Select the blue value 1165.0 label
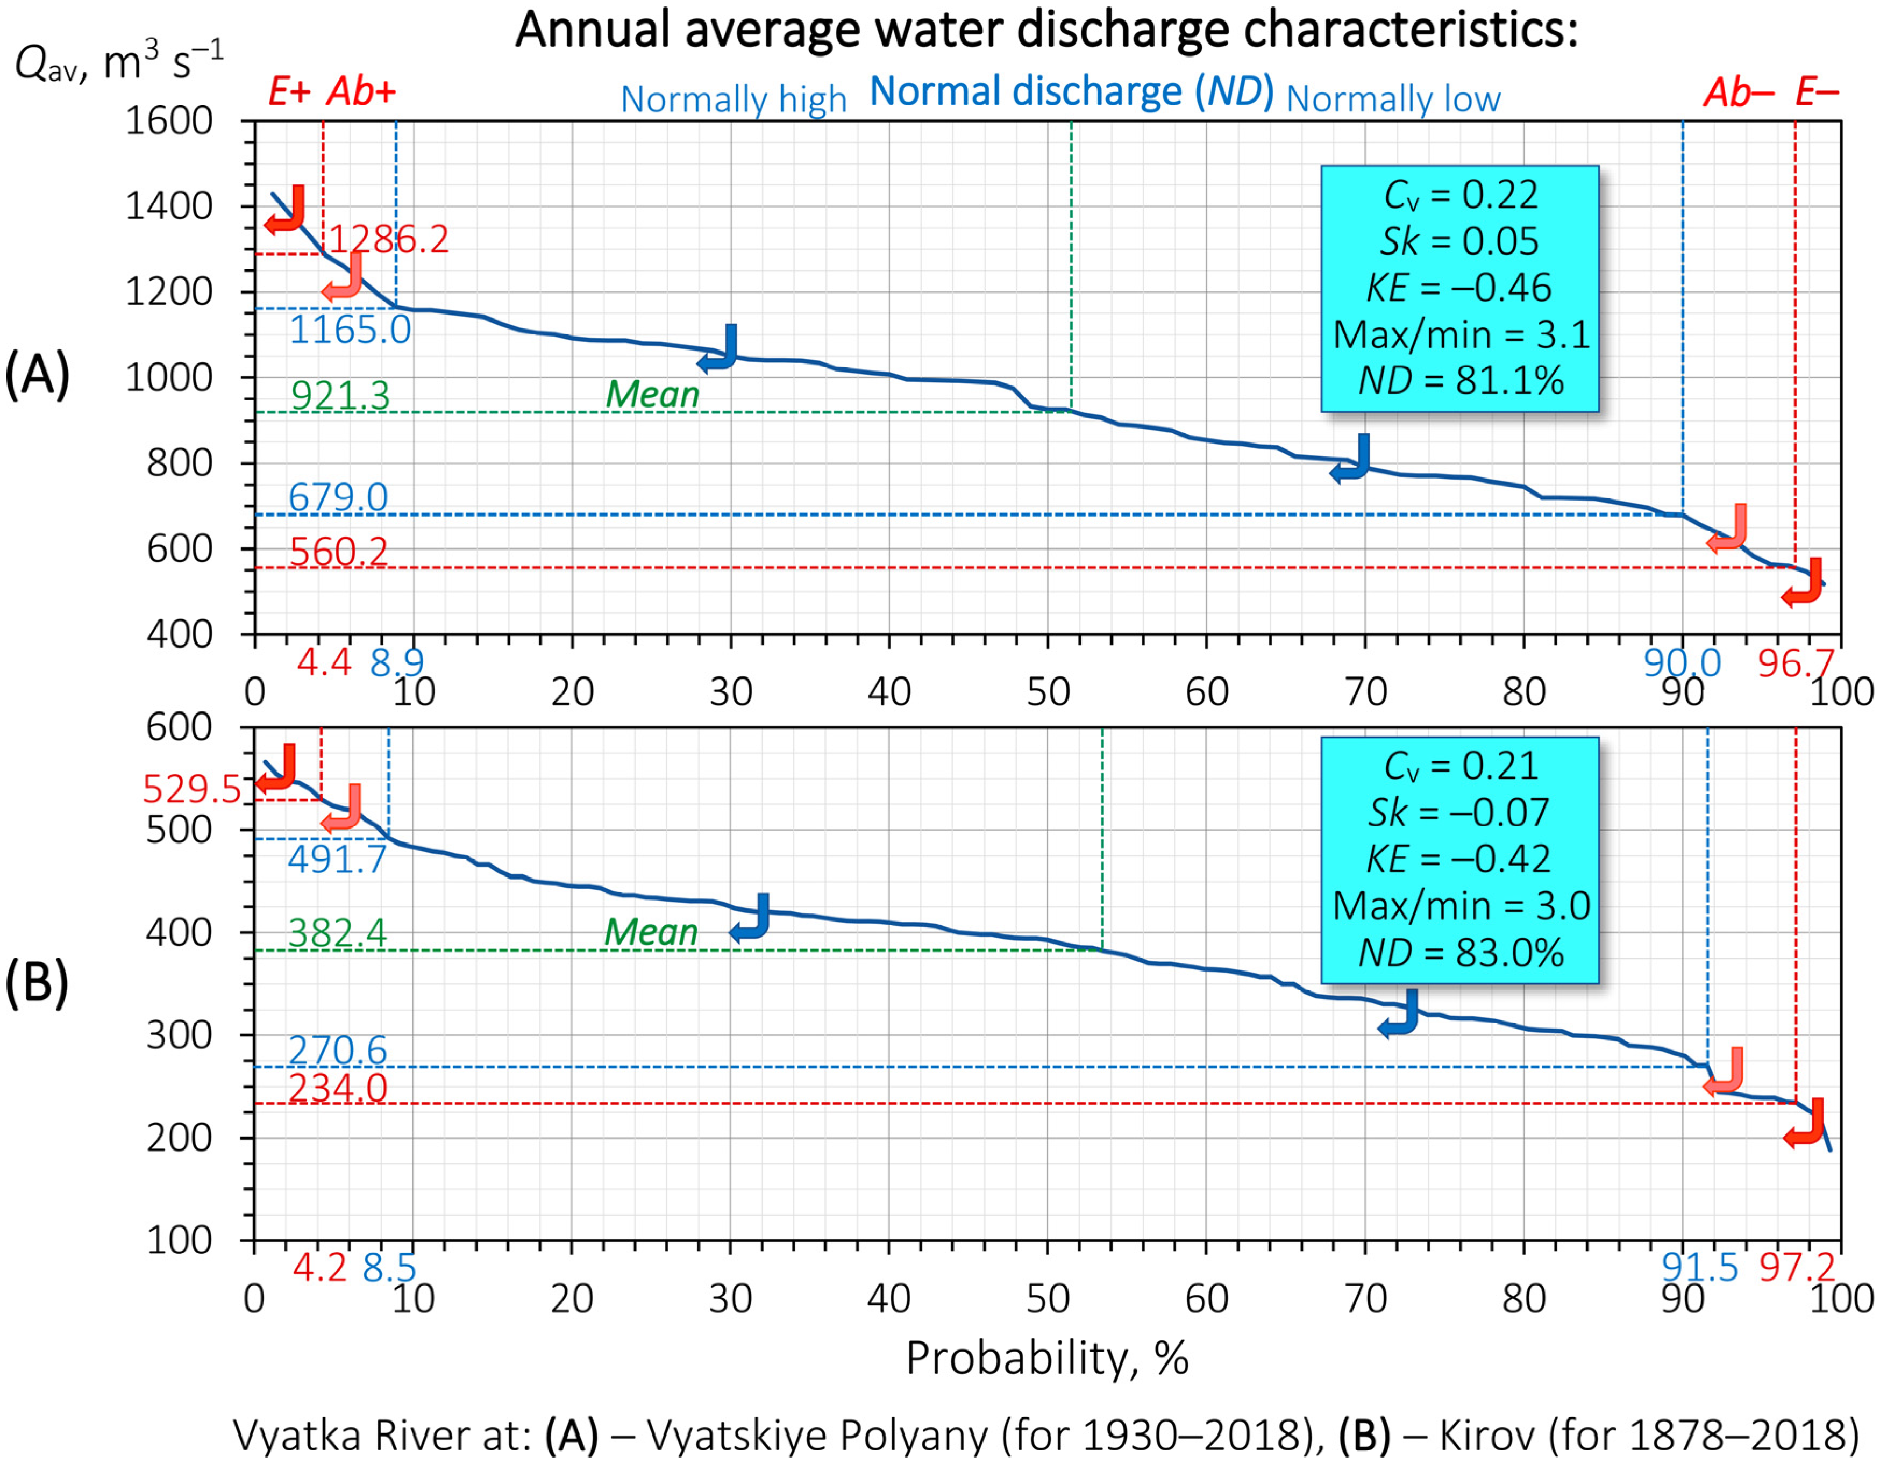tap(350, 330)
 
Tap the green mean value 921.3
tap(340, 396)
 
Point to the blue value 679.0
tap(337, 497)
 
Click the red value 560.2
tap(337, 552)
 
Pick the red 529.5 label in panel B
tap(191, 788)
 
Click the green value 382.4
tap(337, 933)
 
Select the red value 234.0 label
tap(337, 1088)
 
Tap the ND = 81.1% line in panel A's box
tap(1460, 381)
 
